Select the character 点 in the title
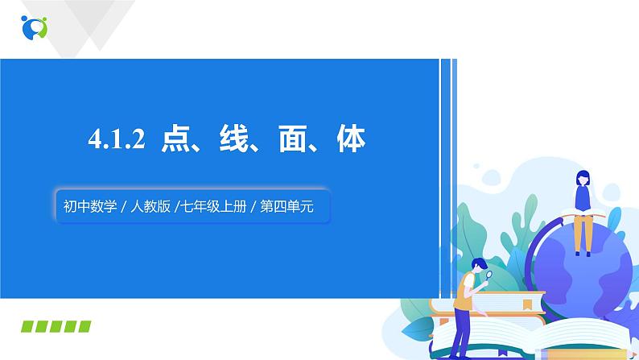(176, 141)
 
